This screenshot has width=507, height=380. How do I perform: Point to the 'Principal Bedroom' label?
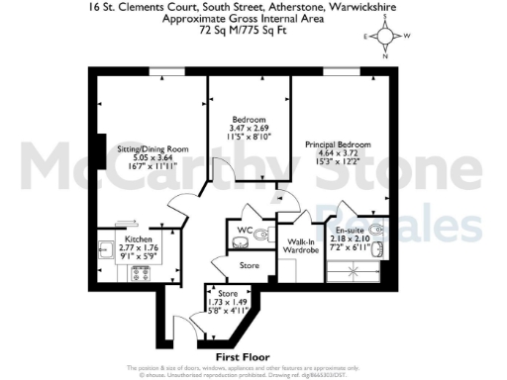[x=336, y=143]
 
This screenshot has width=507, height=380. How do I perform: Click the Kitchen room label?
[x=137, y=239]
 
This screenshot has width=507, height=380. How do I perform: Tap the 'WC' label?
[x=242, y=231]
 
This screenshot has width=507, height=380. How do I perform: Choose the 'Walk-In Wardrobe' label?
[x=301, y=246]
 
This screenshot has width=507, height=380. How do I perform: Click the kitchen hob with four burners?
[x=138, y=274]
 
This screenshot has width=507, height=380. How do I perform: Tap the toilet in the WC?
[x=260, y=236]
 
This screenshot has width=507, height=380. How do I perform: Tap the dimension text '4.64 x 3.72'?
[x=336, y=152]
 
